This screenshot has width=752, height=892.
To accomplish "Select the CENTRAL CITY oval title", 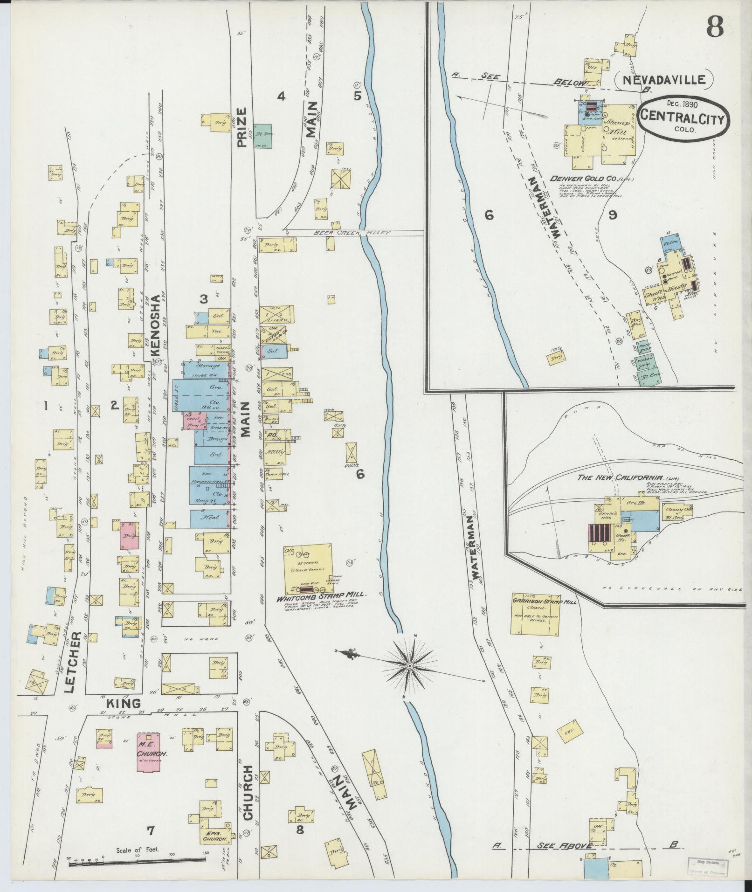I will pos(682,119).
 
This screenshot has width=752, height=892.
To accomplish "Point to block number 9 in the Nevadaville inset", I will pos(613,214).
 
